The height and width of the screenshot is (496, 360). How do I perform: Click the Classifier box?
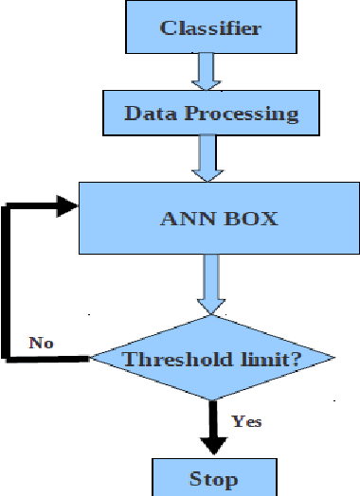coord(209,27)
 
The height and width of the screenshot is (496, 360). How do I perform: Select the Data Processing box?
coord(210,115)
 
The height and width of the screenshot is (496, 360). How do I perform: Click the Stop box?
coord(214,477)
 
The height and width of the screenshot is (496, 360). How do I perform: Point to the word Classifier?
coord(210,27)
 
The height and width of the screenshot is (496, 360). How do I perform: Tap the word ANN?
coord(181,219)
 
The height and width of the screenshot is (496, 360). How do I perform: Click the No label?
coord(40,341)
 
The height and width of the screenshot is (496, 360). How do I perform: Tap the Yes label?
coord(246,420)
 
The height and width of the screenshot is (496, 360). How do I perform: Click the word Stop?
coord(214,478)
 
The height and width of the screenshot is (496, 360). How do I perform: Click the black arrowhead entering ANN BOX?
coord(66,204)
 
